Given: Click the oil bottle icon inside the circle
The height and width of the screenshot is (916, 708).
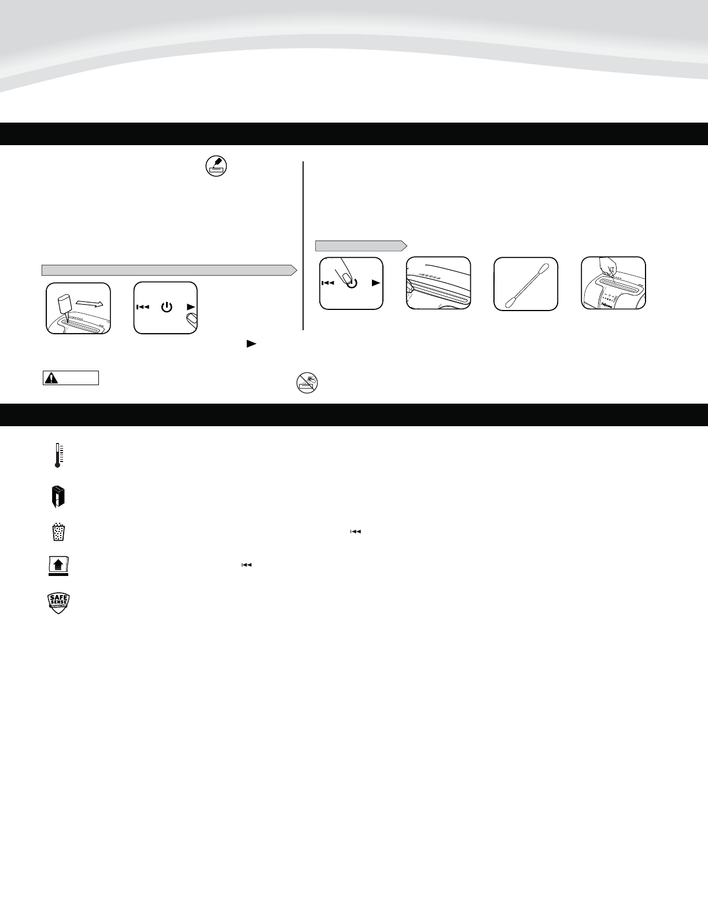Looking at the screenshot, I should pyautogui.click(x=216, y=167).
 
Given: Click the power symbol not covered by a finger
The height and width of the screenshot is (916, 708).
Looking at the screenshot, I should pyautogui.click(x=167, y=307).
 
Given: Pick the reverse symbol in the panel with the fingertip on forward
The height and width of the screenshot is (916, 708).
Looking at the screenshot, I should pyautogui.click(x=142, y=307).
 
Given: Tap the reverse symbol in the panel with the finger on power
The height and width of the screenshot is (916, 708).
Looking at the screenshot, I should pyautogui.click(x=328, y=283).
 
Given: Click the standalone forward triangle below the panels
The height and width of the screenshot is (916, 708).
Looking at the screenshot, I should pyautogui.click(x=251, y=343).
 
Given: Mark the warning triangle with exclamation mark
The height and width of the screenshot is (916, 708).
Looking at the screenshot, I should pyautogui.click(x=52, y=378).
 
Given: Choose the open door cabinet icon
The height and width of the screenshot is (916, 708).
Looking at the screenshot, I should pyautogui.click(x=58, y=497).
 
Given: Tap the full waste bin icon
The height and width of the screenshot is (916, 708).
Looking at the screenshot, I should pyautogui.click(x=58, y=532).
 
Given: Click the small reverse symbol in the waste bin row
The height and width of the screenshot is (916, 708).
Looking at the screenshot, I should pyautogui.click(x=355, y=531).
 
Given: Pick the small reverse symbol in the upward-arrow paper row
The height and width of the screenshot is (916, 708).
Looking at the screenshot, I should pyautogui.click(x=246, y=565).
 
